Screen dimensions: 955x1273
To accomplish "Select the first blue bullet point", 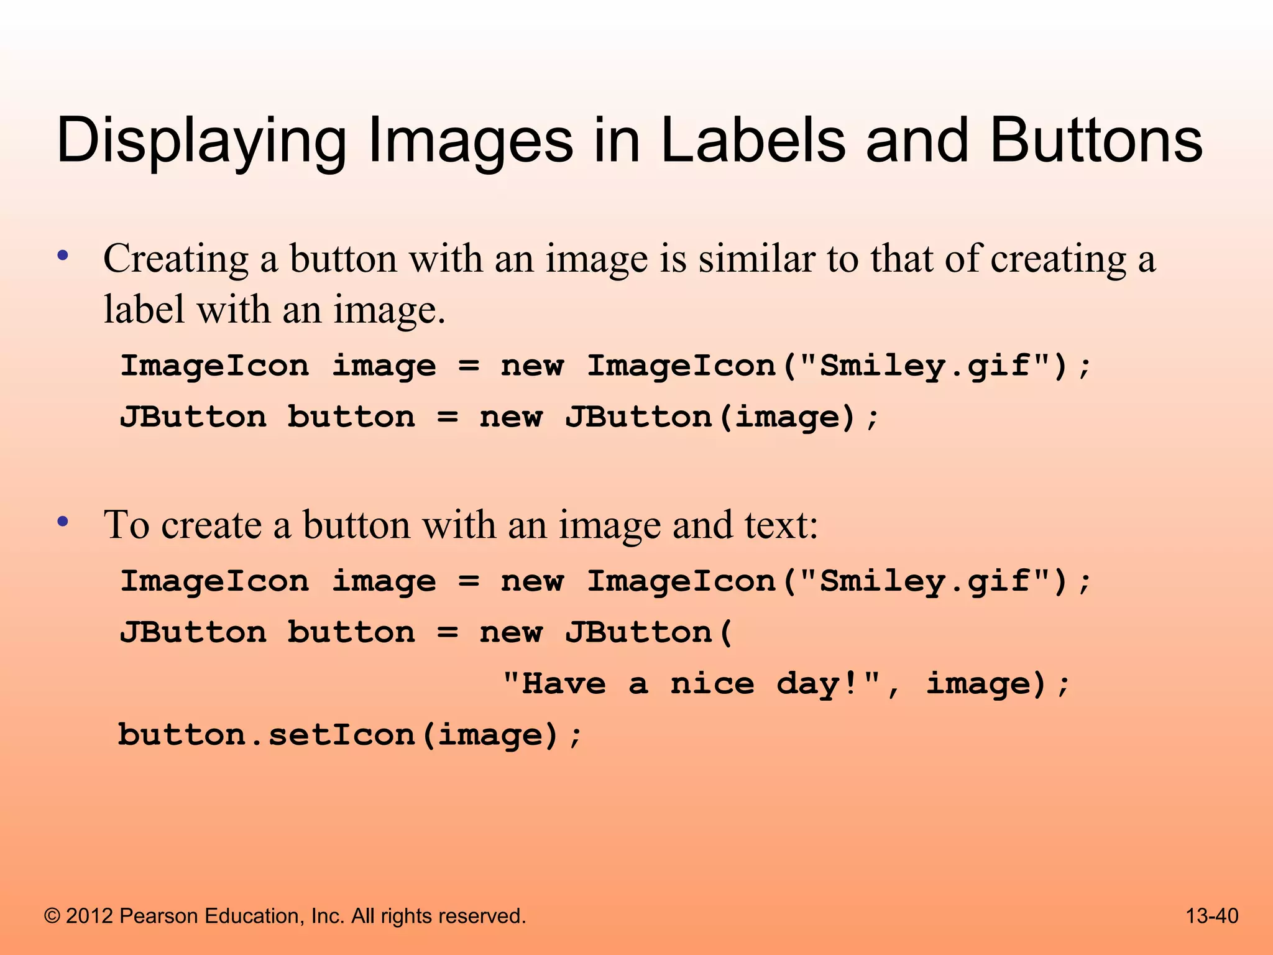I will point(62,255).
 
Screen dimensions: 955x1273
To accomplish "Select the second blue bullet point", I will point(62,521).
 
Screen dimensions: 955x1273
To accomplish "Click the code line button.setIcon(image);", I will point(350,735).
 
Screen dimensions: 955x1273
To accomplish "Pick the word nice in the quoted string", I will point(712,684).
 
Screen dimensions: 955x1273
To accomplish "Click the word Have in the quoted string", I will point(564,684).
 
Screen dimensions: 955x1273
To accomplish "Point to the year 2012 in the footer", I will point(90,916).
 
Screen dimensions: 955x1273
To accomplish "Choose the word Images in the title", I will point(470,142).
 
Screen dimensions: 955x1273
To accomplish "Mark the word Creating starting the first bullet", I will point(175,258).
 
